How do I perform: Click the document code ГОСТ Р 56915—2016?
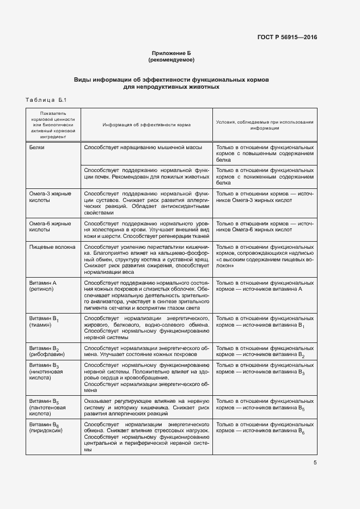pyautogui.click(x=287, y=38)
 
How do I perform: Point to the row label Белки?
pyautogui.click(x=38, y=148)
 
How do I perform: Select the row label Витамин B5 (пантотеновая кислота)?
pyautogui.click(x=48, y=407)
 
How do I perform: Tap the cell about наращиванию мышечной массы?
pyautogui.click(x=144, y=148)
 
